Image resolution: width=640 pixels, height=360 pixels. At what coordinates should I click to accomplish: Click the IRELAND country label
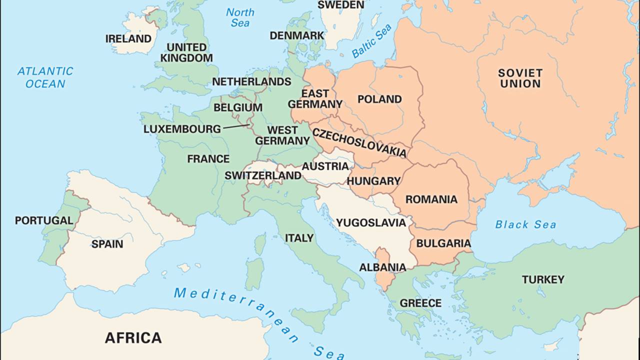[128, 38]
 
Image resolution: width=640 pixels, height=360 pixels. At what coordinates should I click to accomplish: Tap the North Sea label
[240, 17]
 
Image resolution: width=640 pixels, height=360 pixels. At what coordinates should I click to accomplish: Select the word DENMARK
[296, 35]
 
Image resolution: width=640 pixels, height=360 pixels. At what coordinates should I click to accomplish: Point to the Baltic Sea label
[371, 41]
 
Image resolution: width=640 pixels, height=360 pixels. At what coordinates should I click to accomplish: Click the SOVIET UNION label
[520, 78]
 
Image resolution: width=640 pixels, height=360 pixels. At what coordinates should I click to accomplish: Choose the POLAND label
[379, 99]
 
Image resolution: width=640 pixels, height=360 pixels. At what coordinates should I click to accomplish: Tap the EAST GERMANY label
[315, 99]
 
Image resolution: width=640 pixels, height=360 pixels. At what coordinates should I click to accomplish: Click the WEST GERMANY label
[282, 135]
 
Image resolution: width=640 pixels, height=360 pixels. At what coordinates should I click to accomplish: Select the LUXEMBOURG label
[182, 129]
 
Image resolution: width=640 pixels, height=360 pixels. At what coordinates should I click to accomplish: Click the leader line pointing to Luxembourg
[236, 127]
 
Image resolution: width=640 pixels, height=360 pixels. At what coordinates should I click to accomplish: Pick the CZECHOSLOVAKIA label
[359, 142]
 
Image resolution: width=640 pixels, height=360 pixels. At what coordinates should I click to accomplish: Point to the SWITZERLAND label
[263, 175]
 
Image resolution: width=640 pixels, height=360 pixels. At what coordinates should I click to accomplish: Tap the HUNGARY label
[373, 181]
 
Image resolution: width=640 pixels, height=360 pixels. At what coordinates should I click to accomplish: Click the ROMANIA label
[431, 199]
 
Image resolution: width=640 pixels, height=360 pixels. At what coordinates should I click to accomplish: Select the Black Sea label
[525, 224]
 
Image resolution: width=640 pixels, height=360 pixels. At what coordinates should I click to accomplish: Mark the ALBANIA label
[382, 267]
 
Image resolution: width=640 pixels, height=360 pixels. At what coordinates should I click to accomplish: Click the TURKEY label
[543, 279]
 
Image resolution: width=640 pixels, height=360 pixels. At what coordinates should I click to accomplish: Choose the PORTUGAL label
[44, 220]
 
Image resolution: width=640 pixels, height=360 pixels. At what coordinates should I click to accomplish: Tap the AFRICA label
[133, 338]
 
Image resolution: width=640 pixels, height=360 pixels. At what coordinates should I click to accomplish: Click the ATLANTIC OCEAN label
[45, 77]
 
